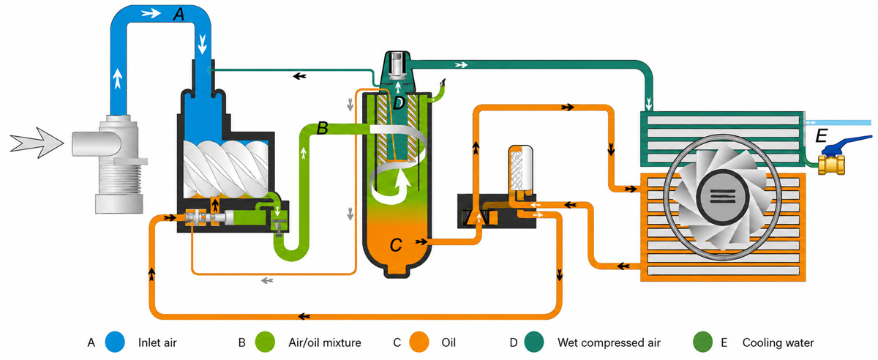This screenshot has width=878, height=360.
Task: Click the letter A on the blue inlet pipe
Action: [x=179, y=15]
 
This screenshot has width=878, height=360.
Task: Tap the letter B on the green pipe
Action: [x=322, y=128]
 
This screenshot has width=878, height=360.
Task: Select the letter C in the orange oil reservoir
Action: [x=396, y=246]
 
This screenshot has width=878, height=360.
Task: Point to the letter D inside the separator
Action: [x=398, y=103]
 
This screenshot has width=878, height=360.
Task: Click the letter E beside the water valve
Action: [x=821, y=136]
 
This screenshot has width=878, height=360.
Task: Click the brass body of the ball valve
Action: [x=831, y=165]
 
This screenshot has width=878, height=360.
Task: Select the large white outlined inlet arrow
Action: [x=37, y=143]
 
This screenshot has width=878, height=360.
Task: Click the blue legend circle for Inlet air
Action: [x=115, y=342]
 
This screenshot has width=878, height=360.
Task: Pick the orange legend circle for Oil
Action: [x=419, y=342]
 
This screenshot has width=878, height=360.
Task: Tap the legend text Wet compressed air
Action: [x=609, y=342]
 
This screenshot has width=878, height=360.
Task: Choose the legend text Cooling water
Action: [x=778, y=342]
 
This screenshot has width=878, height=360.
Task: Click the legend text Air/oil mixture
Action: [x=325, y=342]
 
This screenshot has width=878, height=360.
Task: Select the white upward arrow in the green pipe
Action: [x=304, y=153]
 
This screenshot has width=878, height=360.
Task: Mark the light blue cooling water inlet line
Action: [x=838, y=123]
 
